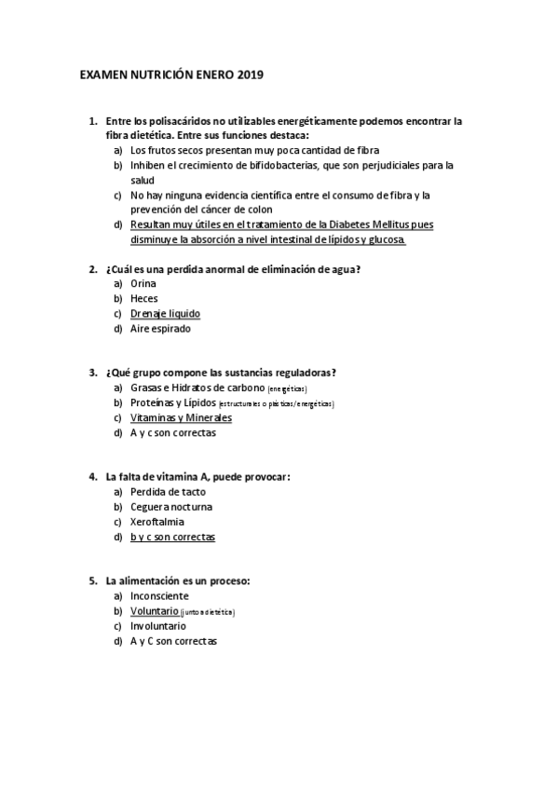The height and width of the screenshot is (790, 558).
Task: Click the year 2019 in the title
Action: pos(251,74)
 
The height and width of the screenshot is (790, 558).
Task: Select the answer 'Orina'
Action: pos(143,283)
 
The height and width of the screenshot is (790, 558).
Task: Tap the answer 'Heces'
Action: pos(144,298)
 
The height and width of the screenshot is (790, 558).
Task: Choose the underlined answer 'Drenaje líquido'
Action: pos(165,313)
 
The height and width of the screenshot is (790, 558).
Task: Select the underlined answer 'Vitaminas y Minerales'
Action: pos(181,417)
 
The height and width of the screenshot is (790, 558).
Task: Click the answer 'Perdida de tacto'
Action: pos(168,492)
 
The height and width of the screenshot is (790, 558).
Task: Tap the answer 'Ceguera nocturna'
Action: pos(170,507)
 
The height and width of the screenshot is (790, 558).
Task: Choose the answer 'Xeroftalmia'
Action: pos(157,522)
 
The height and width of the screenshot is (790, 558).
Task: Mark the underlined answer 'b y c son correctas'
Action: pos(172,537)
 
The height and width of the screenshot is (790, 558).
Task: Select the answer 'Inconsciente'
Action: pos(159,596)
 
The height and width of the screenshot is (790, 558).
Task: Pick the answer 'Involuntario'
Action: pos(158,626)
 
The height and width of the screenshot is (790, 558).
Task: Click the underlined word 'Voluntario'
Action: pos(154,611)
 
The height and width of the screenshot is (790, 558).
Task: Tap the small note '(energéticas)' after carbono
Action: pos(287,388)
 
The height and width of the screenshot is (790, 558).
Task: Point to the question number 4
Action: pos(93,477)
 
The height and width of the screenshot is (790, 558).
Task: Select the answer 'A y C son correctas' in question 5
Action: pos(173,641)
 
